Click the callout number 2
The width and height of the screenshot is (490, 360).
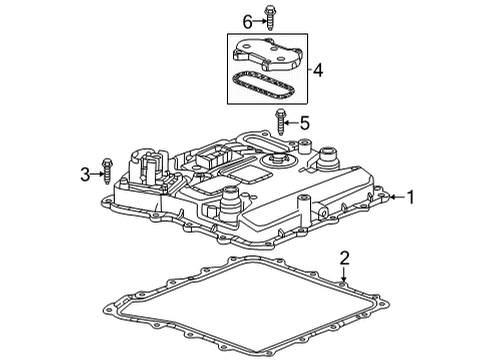tap(344, 259)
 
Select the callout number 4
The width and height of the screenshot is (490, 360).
tap(319, 70)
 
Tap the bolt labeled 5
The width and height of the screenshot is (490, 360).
tap(279, 126)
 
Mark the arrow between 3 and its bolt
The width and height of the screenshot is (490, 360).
tap(98, 174)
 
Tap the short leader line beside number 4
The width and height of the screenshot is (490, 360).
tap(306, 70)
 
